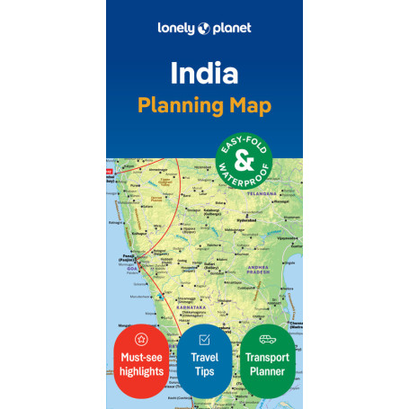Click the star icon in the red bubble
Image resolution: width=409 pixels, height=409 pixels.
[139, 339]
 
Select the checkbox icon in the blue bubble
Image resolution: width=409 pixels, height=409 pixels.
[204, 339]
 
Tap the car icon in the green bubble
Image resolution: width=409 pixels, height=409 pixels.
[268, 339]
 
